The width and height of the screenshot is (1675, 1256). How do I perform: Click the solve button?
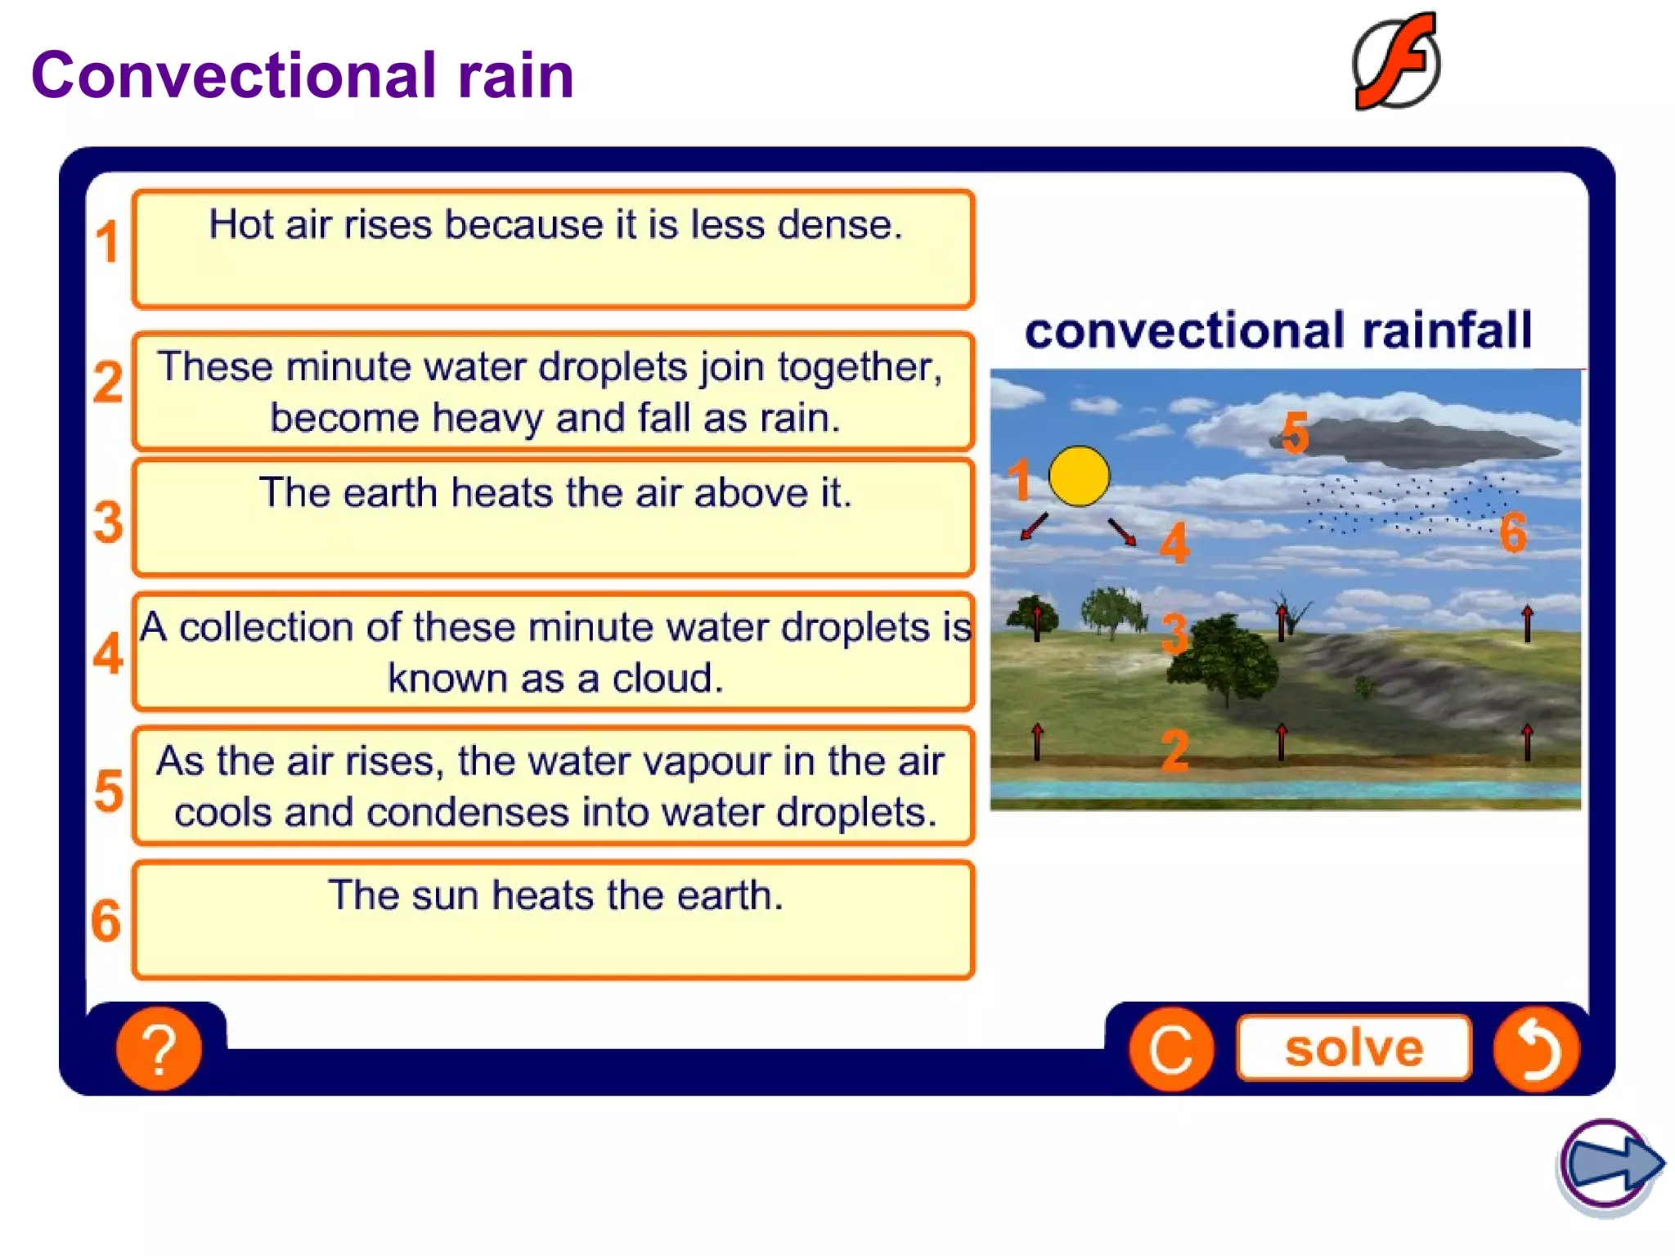point(1354,1048)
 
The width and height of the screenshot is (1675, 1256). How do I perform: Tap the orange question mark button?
point(159,1048)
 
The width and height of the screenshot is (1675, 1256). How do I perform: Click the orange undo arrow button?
point(1536,1048)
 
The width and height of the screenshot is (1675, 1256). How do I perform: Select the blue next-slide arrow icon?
point(1610,1164)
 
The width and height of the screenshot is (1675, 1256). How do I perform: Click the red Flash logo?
point(1397,62)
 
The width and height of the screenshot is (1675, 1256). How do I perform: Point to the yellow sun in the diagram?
point(1079,476)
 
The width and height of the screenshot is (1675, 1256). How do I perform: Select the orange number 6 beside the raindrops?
point(1513,533)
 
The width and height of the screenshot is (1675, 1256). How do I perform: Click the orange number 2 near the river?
point(1175,750)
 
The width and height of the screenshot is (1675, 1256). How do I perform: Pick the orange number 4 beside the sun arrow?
point(1174,544)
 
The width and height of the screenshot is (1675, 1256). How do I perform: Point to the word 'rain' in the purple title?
point(515,75)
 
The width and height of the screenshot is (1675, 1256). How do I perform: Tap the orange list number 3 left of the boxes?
point(108,522)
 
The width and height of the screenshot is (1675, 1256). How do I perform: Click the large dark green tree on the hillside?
point(1223,658)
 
